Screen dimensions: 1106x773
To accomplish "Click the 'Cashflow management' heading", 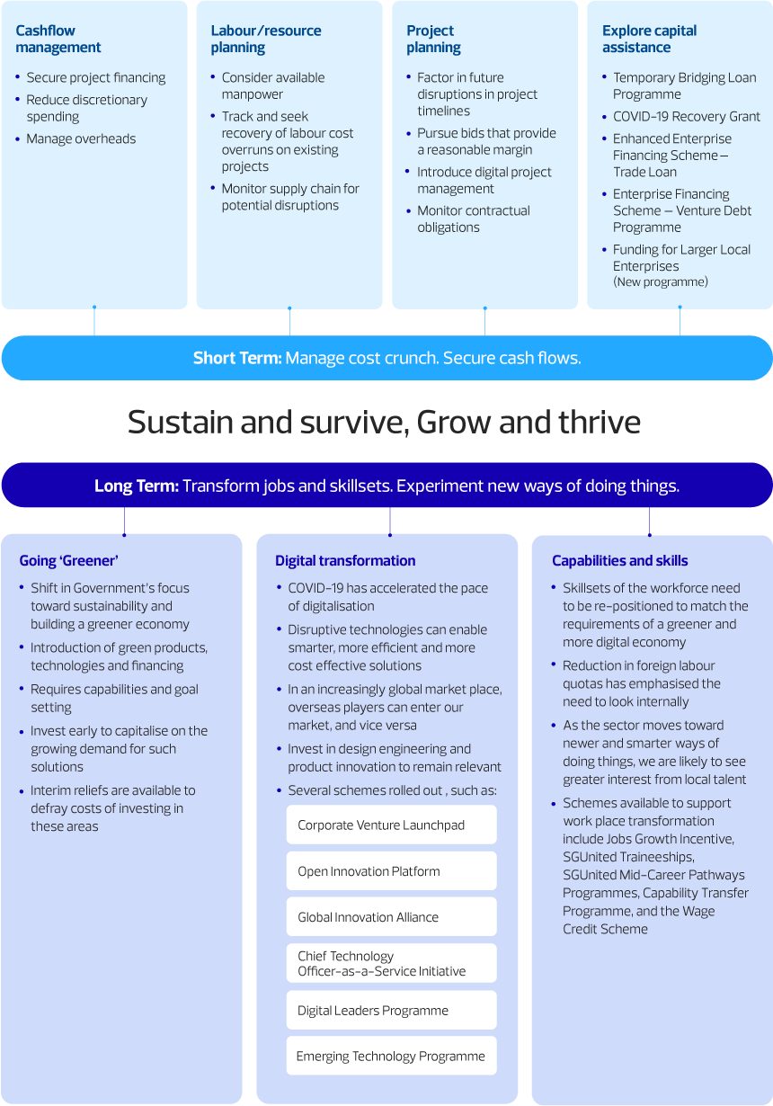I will [58, 39].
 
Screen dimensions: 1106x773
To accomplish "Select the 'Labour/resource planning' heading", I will [265, 39].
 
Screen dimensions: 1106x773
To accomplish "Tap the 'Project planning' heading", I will [433, 39].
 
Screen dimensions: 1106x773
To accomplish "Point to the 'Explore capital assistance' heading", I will [649, 39].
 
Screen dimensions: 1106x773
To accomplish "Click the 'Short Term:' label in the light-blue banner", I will [237, 358].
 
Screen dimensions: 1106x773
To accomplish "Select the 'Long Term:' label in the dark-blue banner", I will [137, 486].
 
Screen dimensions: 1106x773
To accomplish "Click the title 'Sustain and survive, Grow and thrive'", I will [385, 422].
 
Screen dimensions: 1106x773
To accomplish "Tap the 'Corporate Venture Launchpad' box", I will [391, 825].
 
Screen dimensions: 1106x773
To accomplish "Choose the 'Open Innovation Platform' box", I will [391, 870].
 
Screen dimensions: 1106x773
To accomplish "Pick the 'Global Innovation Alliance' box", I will [391, 917].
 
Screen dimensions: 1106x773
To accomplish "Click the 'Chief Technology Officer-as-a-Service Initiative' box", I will [391, 963].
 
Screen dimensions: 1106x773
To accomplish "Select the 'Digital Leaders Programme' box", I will [391, 1010].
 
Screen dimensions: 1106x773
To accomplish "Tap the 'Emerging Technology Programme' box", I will [391, 1056].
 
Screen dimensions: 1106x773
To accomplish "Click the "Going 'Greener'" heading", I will [69, 560].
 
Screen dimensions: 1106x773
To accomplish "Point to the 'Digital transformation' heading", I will [345, 560].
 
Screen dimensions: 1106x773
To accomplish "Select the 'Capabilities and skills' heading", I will [619, 560].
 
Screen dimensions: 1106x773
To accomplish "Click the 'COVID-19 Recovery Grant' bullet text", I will [687, 116].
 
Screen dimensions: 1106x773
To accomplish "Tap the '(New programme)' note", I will [661, 281].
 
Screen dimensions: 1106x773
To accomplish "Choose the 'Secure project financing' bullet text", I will [96, 77].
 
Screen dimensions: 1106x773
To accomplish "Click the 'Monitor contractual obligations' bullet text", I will [474, 219].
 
